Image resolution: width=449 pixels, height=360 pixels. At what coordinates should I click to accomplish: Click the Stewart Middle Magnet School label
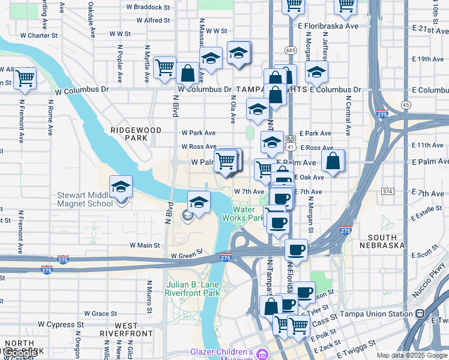[85, 199]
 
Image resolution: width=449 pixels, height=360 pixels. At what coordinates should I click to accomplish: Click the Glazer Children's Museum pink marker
[261, 355]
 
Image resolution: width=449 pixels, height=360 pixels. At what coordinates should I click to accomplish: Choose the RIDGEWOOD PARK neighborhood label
[128, 134]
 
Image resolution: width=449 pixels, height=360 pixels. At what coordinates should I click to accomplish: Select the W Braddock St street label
[148, 7]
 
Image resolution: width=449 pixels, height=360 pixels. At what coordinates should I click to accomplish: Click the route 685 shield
[291, 50]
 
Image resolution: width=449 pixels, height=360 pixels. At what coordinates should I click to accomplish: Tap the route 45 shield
[406, 105]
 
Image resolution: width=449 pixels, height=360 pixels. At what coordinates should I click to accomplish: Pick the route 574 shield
[387, 191]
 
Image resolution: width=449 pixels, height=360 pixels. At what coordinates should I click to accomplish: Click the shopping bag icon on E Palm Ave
[333, 161]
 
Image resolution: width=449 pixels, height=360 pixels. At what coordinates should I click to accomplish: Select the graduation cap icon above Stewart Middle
[121, 186]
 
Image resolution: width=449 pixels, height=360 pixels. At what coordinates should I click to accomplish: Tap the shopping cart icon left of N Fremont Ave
[25, 78]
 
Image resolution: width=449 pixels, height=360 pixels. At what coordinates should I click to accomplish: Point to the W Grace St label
[100, 313]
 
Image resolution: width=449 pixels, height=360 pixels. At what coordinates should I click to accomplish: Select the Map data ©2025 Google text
[411, 355]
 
